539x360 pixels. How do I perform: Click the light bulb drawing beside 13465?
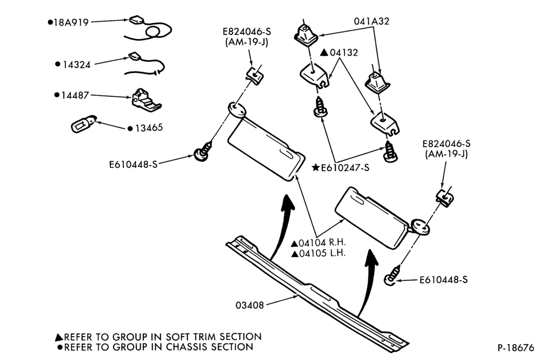(83, 124)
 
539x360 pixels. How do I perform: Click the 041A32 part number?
(371, 22)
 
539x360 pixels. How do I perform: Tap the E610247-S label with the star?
(341, 168)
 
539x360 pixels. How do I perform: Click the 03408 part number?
(250, 306)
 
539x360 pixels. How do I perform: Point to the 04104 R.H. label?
(319, 243)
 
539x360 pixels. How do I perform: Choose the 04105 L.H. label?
(319, 254)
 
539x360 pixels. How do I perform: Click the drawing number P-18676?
(516, 348)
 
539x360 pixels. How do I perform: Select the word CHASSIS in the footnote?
(187, 347)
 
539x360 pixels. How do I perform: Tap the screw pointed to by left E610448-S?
(203, 152)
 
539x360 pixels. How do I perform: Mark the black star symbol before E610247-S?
(315, 168)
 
